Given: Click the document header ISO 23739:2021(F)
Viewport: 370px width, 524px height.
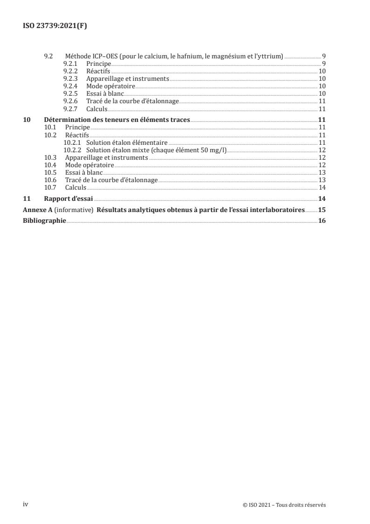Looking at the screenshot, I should tap(55, 26).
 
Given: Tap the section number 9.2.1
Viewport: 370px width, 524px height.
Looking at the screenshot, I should tap(70, 63).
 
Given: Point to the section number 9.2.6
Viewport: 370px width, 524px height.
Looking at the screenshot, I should tap(70, 101).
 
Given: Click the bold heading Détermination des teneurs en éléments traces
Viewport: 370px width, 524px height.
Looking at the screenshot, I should tap(117, 120).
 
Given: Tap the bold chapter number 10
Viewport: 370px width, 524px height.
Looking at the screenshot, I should tap(27, 120).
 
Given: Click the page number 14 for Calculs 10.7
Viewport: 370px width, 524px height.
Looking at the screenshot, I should tap(322, 187).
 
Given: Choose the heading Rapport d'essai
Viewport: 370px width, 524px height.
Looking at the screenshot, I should tap(69, 198).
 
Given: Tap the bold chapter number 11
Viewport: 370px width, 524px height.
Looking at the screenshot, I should tap(27, 198).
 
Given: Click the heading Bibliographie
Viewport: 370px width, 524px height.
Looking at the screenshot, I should tap(45, 220).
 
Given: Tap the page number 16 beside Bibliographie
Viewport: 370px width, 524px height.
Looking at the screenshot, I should tap(322, 220).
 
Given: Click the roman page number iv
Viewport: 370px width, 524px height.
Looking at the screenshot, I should tap(26, 504).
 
